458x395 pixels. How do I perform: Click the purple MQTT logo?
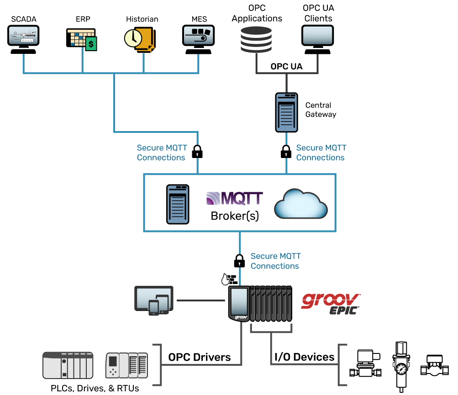[x=235, y=199]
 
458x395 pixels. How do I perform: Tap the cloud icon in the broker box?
[x=300, y=204]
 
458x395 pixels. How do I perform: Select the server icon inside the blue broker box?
[x=178, y=204]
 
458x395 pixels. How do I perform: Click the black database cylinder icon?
[x=256, y=39]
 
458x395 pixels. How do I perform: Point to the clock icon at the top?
[x=133, y=38]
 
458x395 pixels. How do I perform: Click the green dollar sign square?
[x=91, y=44]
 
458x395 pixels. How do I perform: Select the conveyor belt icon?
[x=198, y=36]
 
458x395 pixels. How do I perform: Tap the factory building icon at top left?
[x=23, y=35]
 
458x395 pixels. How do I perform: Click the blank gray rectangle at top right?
[x=317, y=35]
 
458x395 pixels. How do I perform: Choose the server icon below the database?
[x=286, y=112]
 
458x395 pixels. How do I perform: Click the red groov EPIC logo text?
[x=330, y=303]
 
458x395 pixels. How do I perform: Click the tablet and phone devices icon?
[x=154, y=300]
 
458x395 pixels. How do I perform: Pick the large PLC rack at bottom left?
[x=68, y=365]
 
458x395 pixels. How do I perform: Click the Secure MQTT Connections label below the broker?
[x=275, y=261]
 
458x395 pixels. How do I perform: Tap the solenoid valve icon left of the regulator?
[x=365, y=364]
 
